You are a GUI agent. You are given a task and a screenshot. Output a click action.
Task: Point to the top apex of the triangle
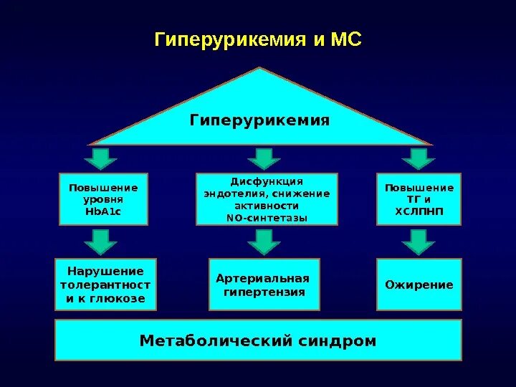pyautogui.click(x=260, y=69)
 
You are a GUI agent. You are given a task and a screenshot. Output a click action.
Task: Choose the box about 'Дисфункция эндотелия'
pyautogui.click(x=267, y=199)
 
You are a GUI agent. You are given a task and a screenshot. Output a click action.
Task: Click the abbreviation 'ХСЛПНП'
pyautogui.click(x=419, y=213)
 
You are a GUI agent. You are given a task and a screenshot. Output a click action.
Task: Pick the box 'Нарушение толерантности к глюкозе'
pyautogui.click(x=105, y=285)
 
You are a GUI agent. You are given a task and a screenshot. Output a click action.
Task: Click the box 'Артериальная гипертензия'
pyautogui.click(x=264, y=285)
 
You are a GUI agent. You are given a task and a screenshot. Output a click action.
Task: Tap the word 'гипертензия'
pyautogui.click(x=264, y=292)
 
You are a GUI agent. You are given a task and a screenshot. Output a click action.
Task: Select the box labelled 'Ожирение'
pyautogui.click(x=419, y=285)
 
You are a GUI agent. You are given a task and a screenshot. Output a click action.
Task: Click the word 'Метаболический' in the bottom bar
pyautogui.click(x=214, y=340)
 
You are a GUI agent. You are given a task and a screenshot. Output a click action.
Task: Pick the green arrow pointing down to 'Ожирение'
pyautogui.click(x=419, y=242)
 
